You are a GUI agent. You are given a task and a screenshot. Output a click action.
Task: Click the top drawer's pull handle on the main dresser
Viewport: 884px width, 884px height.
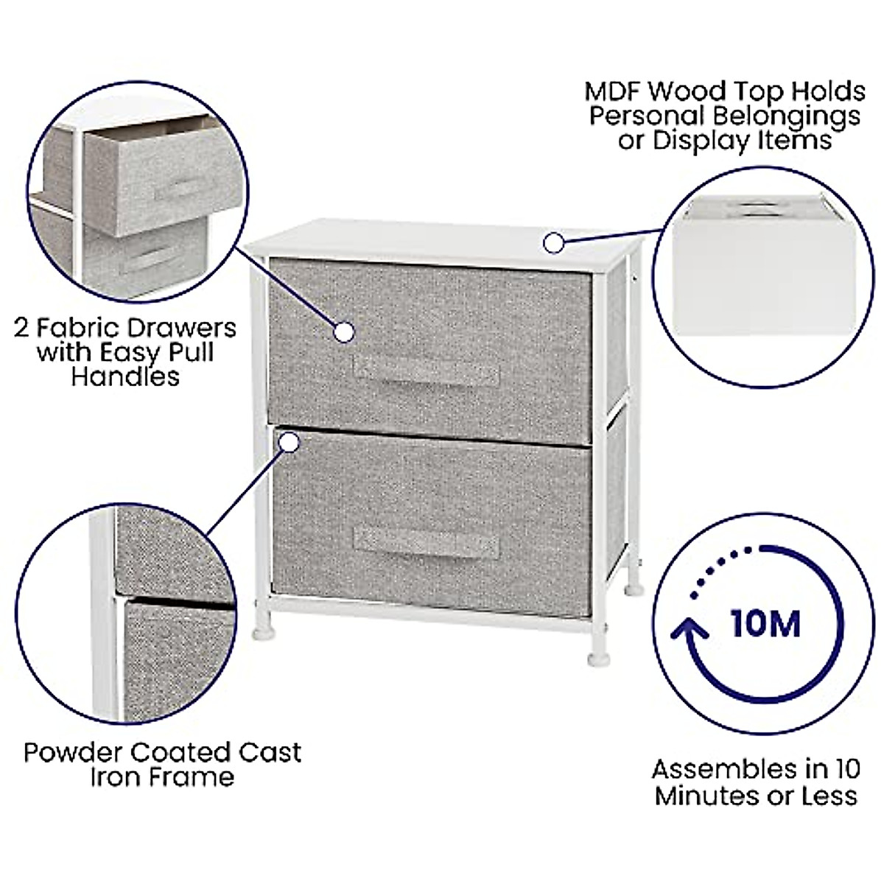pyautogui.click(x=426, y=371)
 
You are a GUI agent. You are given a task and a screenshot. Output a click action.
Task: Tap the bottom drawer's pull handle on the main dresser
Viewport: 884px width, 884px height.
pyautogui.click(x=426, y=544)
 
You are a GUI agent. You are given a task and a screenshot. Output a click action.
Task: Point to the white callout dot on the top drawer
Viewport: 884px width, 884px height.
pyautogui.click(x=343, y=332)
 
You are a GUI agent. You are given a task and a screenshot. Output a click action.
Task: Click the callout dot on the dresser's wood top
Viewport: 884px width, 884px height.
pyautogui.click(x=553, y=242)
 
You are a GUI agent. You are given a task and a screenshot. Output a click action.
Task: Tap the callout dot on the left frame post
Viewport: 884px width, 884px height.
pyautogui.click(x=290, y=443)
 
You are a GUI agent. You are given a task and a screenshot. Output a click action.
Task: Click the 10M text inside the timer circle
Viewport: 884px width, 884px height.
pyautogui.click(x=765, y=624)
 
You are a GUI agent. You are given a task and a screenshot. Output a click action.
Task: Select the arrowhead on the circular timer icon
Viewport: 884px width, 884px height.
pyautogui.click(x=690, y=630)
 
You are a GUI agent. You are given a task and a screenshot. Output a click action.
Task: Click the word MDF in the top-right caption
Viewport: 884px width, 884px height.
pyautogui.click(x=613, y=92)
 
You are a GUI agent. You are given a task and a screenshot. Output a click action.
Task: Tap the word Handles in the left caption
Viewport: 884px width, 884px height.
pyautogui.click(x=125, y=376)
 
